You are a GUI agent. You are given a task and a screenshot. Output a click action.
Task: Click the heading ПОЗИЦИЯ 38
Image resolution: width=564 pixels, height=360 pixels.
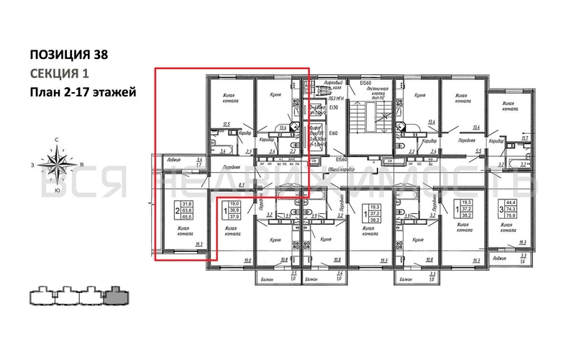click(x=70, y=54)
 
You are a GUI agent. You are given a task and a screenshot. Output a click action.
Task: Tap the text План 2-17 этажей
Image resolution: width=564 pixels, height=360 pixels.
click(x=81, y=92)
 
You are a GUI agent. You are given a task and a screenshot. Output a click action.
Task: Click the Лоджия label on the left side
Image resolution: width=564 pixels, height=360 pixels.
click(x=173, y=160)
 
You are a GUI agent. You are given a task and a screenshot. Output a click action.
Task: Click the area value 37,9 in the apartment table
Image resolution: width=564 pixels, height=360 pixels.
click(x=235, y=217)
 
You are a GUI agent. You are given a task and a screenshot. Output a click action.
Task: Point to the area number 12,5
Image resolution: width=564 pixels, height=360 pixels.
click(x=227, y=125)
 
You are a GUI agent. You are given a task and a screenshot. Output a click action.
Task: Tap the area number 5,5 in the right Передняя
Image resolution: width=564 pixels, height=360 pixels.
click(x=479, y=150)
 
